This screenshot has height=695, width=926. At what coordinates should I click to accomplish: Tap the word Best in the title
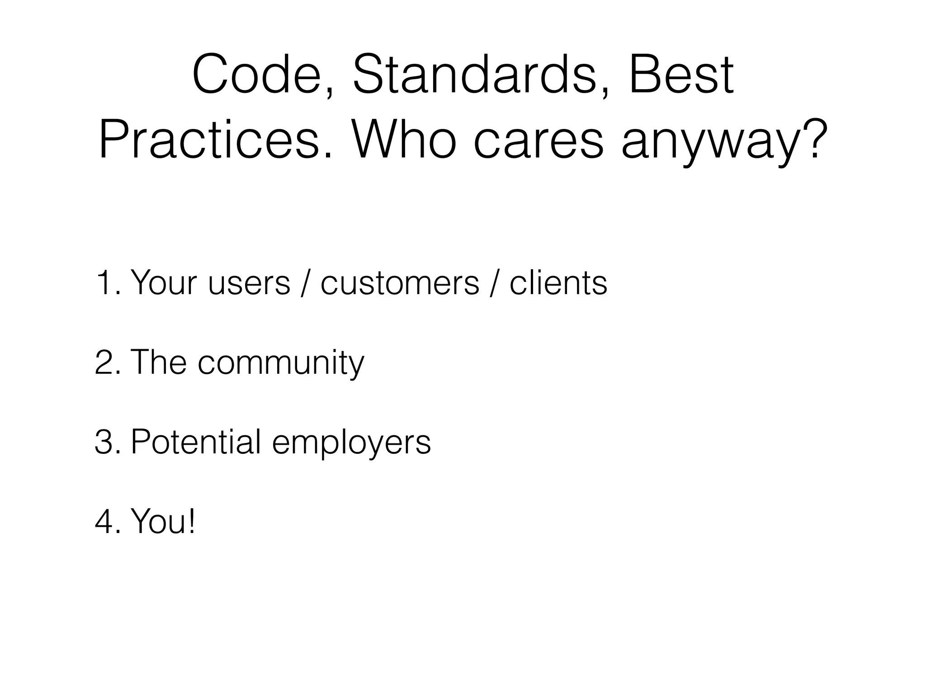click(x=680, y=75)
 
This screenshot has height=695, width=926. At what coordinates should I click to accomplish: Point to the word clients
click(x=558, y=283)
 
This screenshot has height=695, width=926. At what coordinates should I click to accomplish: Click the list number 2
click(x=106, y=362)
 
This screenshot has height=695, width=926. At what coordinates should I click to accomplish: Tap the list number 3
click(x=106, y=442)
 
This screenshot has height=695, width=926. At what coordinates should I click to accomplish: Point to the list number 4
click(x=106, y=521)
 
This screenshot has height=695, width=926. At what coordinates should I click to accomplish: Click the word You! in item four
click(x=163, y=521)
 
